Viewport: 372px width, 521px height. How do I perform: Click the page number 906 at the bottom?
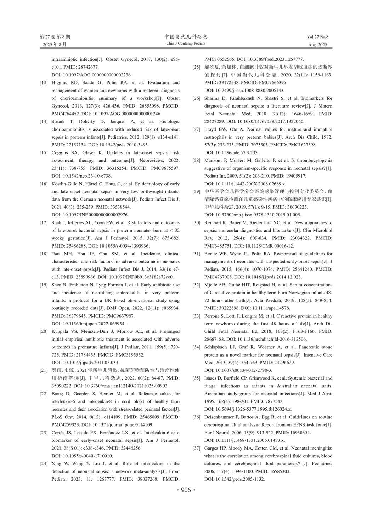click(186, 490)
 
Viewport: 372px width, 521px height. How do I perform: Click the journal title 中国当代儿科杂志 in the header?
click(186, 37)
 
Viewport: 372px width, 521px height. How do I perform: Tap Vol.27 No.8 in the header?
click(317, 37)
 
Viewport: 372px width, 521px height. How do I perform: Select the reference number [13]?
click(44, 83)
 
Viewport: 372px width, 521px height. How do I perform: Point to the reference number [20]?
click(44, 332)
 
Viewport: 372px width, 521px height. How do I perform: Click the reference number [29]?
click(196, 192)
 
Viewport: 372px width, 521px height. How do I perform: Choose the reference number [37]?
click(196, 448)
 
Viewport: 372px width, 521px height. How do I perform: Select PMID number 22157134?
click(78, 145)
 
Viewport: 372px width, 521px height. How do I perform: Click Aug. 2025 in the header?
click(318, 45)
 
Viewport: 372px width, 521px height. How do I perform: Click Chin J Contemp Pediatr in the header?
click(186, 44)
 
